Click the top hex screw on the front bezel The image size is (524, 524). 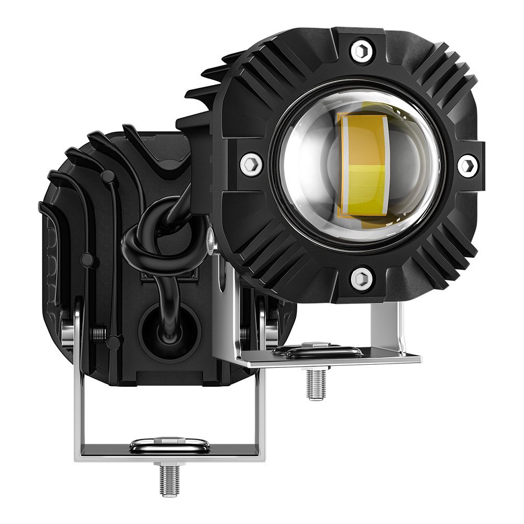360,51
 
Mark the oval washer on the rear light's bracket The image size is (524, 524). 169,445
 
